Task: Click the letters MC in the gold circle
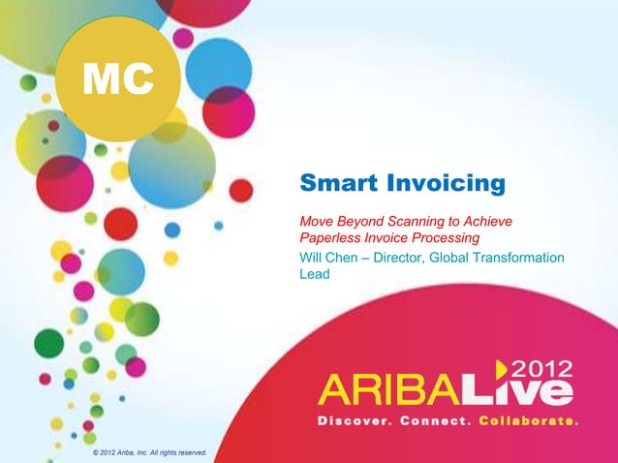(x=118, y=78)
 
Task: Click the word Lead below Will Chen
(x=315, y=274)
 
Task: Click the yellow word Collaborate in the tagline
(x=528, y=422)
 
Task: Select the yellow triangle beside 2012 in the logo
(x=502, y=369)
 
